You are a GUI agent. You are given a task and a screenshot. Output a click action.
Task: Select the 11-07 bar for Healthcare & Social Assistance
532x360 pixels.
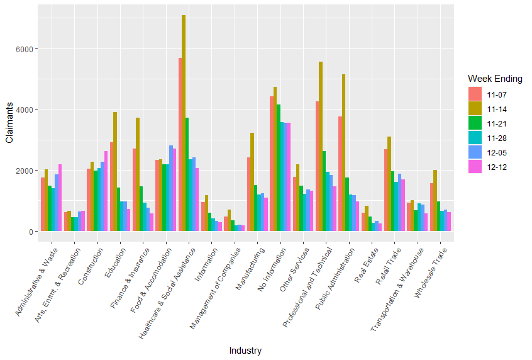180,145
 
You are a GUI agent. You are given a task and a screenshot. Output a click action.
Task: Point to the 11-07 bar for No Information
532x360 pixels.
272,164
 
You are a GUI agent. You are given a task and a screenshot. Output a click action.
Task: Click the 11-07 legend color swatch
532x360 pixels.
475,95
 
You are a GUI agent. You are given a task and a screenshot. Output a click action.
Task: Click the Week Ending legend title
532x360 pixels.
495,79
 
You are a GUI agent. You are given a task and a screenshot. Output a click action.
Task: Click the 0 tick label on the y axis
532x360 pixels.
31,232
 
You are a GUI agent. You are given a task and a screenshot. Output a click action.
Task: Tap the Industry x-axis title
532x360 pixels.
245,351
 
